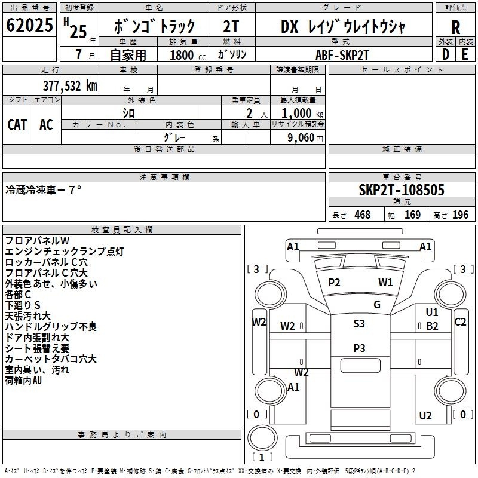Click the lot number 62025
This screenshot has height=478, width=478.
[x=29, y=25]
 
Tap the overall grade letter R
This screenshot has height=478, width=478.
[x=455, y=27]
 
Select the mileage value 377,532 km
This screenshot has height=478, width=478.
[x=70, y=85]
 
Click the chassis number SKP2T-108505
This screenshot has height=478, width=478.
[x=402, y=190]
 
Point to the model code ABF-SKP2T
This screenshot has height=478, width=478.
[x=342, y=55]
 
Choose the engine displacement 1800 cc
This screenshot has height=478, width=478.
[x=188, y=55]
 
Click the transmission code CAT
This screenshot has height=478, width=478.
[x=17, y=125]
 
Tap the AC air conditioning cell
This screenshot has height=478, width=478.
[x=47, y=125]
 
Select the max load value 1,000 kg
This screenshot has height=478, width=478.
[x=302, y=113]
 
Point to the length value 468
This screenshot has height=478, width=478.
[x=363, y=215]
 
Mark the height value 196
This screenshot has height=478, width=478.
[x=460, y=215]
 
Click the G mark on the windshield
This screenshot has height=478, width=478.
[x=377, y=304]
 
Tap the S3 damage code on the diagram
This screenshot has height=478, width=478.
[x=359, y=323]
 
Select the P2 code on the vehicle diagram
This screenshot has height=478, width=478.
[x=334, y=283]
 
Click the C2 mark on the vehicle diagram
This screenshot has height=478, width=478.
[x=460, y=322]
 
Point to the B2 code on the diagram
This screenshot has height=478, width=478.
[x=432, y=326]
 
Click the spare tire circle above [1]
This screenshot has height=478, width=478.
[x=262, y=438]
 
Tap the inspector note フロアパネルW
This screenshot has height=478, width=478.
[x=37, y=241]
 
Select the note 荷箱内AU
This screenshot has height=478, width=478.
[x=23, y=381]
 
